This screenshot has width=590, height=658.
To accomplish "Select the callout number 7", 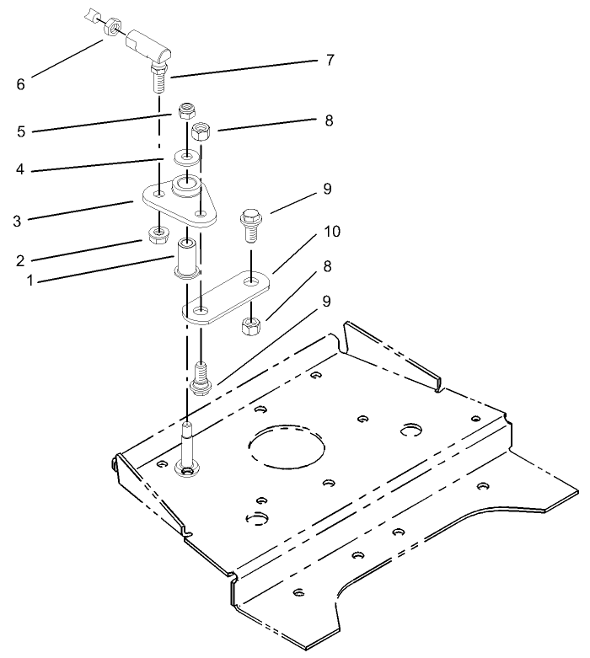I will coord(330,61).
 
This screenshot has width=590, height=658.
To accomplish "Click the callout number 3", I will coord(17,222).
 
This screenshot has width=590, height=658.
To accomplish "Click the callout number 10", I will coord(332,231).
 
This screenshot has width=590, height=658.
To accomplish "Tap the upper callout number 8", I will coord(328,120).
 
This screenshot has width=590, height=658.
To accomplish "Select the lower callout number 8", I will coord(328,266).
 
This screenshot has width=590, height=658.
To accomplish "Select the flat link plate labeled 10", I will coord(228,296).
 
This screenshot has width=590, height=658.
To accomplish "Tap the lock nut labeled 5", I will coord(187,112).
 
